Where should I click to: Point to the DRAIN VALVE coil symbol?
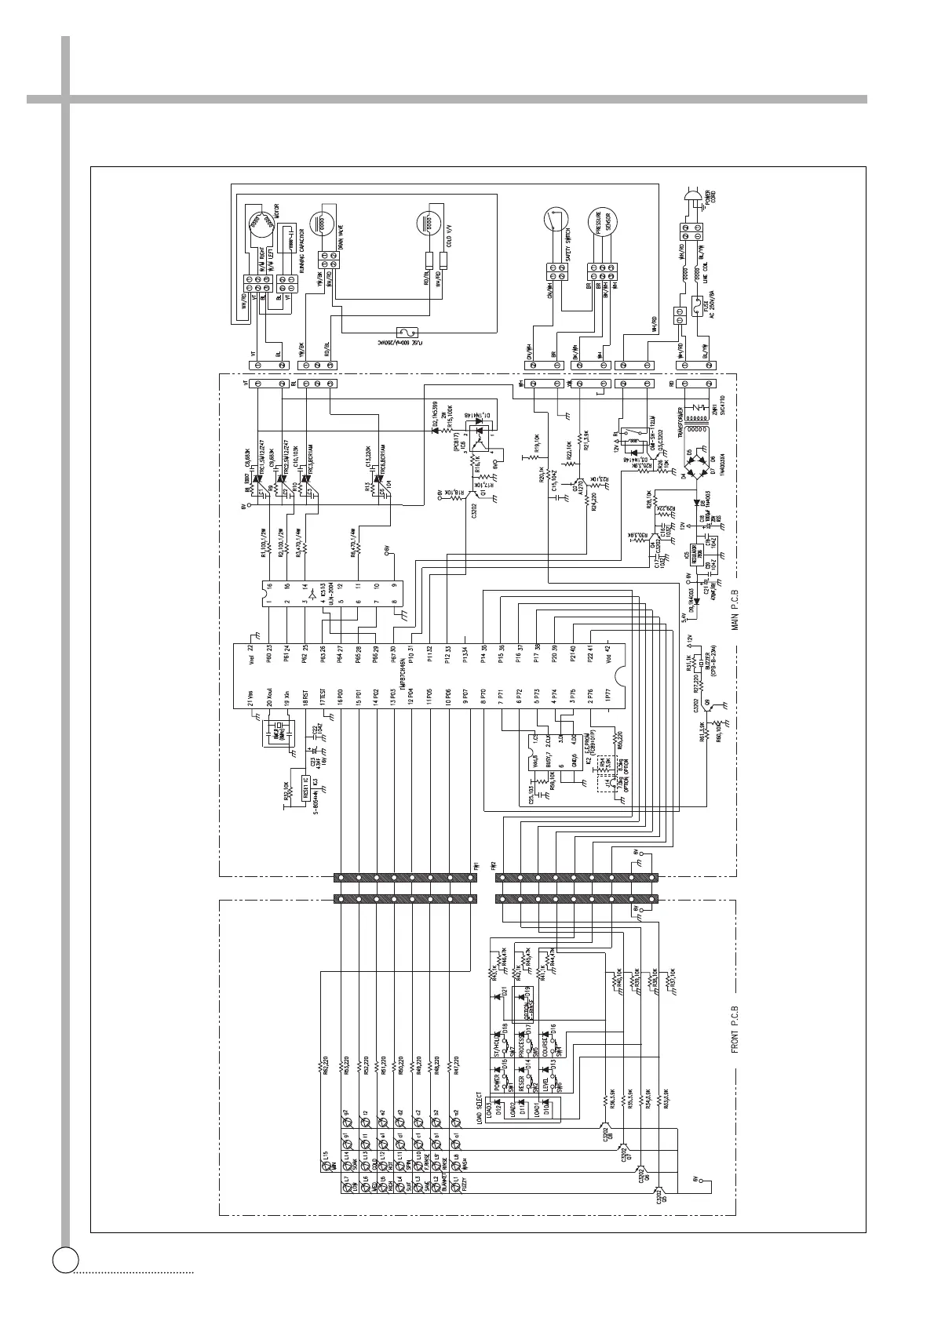tap(324, 223)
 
